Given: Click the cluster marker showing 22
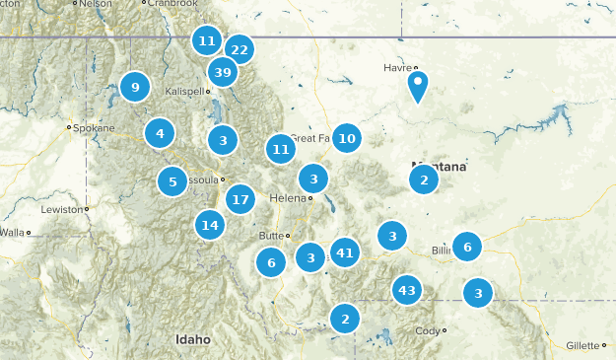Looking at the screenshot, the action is [x=239, y=49].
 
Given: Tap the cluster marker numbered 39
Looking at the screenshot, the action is [x=223, y=72].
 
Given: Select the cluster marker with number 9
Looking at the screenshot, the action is [x=135, y=88].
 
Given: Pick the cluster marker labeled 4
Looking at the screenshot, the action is [x=160, y=131].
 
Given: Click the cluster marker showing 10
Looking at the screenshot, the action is [x=346, y=138].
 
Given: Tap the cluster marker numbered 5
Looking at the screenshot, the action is [x=172, y=181].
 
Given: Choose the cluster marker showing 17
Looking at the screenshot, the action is [x=240, y=200].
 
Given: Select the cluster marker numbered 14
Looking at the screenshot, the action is [x=210, y=225].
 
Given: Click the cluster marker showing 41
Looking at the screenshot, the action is [x=344, y=253].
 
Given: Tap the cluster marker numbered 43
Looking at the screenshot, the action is [x=406, y=290].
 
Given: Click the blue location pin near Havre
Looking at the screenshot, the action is [x=418, y=85].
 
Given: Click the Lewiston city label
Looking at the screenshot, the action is [x=64, y=209].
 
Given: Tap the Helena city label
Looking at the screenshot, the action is [x=288, y=198].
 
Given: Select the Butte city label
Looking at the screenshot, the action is [x=270, y=235].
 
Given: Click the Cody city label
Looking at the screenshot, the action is [x=429, y=330].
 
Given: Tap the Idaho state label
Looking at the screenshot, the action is [x=193, y=339].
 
